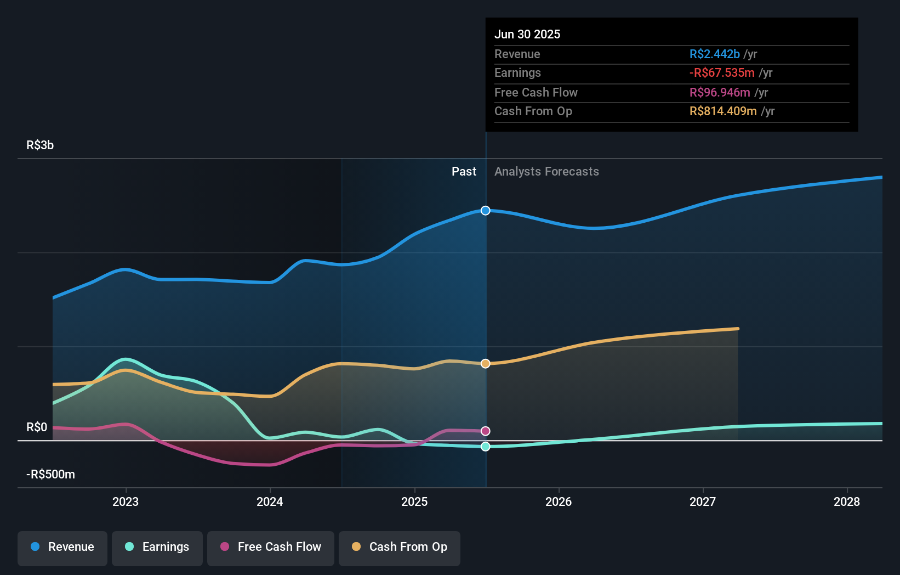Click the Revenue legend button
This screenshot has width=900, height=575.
[62, 547]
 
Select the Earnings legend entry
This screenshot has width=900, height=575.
[157, 547]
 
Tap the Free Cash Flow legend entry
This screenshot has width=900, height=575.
[271, 547]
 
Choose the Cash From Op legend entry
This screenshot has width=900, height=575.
[400, 547]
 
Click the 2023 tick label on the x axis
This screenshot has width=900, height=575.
[126, 501]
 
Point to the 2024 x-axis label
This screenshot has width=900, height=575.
[270, 501]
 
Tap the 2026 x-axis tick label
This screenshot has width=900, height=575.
[559, 501]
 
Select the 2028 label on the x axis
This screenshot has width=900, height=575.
[847, 501]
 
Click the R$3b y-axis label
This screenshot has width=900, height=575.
[40, 145]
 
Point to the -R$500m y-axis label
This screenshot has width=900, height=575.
[50, 475]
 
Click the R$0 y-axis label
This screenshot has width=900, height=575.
[37, 427]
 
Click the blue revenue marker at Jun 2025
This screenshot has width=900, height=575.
[486, 211]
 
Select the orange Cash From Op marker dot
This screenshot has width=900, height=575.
[486, 364]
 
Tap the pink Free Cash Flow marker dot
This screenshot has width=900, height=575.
[486, 431]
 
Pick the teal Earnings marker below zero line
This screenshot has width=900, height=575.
[486, 447]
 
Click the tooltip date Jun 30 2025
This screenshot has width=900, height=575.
[527, 35]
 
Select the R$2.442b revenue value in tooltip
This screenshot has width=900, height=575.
[714, 54]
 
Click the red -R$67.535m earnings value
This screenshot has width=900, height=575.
[722, 73]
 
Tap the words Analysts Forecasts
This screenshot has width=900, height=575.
[546, 172]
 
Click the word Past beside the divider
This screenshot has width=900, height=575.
[464, 172]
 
